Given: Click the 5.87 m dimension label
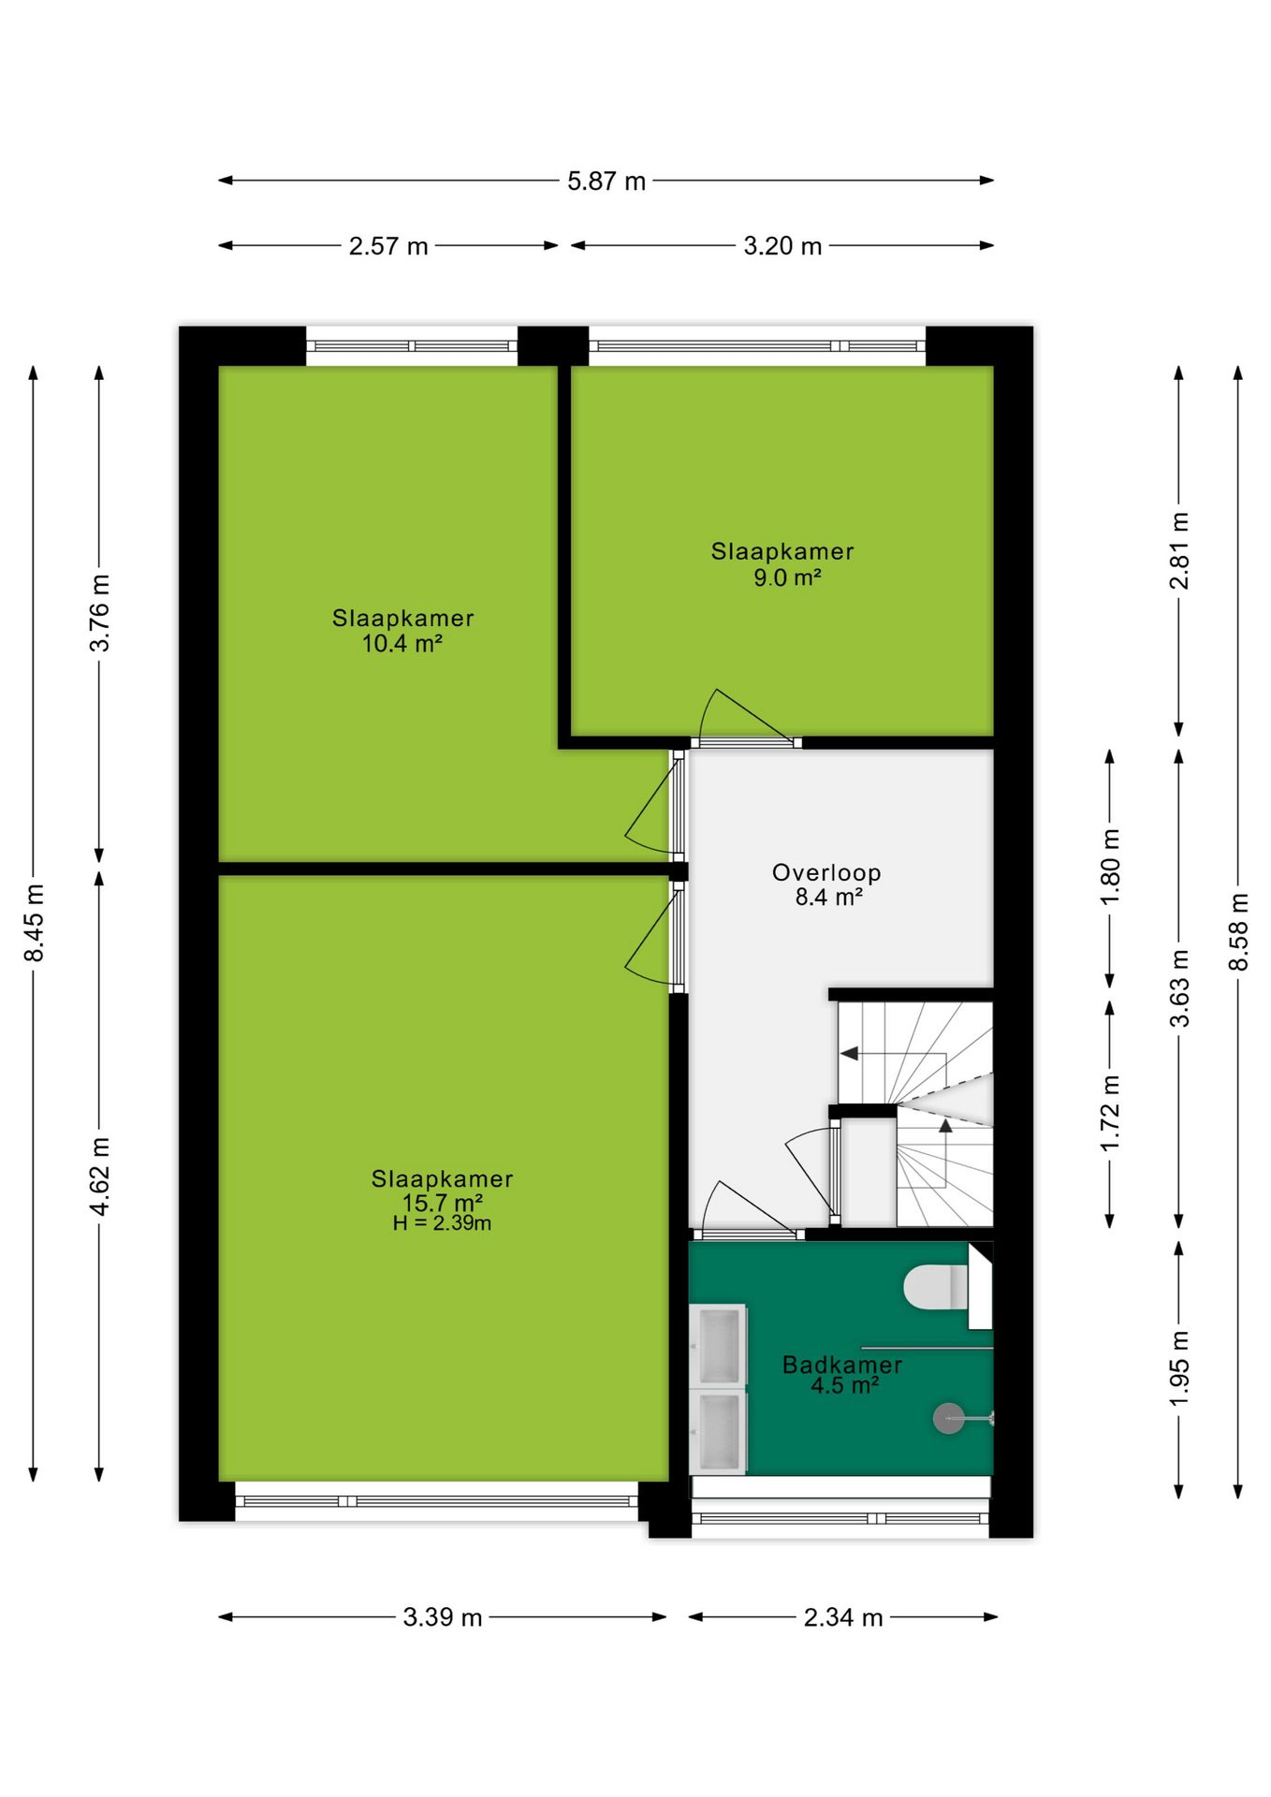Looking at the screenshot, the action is tap(606, 181).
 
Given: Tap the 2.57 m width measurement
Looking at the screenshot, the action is tap(388, 246).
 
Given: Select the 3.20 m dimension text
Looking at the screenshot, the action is tap(782, 246).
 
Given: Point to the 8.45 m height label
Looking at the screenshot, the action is tap(34, 922).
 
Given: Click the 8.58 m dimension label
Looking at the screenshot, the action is tap(1238, 931).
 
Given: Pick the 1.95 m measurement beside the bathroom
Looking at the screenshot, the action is tap(1179, 1367).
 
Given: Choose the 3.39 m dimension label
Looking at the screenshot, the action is tap(443, 1617).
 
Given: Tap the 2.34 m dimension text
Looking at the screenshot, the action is tap(843, 1617).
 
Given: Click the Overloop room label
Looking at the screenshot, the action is tap(826, 872).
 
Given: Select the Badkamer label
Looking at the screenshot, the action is tap(842, 1365).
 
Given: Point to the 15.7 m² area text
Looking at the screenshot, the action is tap(443, 1203).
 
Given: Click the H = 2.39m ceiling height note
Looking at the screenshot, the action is tap(442, 1223).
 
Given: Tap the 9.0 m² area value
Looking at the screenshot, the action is tap(787, 577).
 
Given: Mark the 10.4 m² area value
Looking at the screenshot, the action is tap(402, 643).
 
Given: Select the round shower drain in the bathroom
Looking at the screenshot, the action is tap(948, 1419).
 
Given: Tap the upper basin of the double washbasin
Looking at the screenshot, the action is tap(719, 1344).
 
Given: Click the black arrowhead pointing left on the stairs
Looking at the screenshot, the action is tap(849, 1053).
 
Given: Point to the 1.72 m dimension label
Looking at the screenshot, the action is tap(1110, 1113).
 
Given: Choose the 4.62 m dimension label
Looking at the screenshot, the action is tap(99, 1176).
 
